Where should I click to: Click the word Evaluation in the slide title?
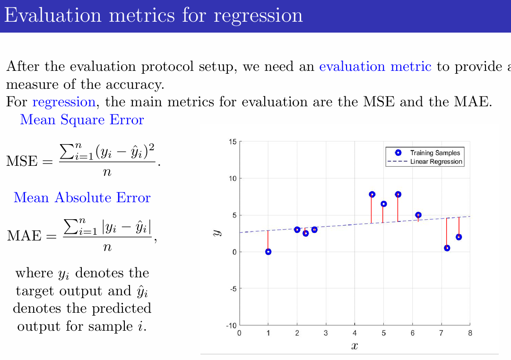52,16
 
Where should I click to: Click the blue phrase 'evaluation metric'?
375,67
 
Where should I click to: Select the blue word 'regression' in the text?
63,102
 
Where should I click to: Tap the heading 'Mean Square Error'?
82,120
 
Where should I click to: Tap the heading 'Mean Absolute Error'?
82,197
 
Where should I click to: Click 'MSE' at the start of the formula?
22,162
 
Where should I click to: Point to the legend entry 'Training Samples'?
434,153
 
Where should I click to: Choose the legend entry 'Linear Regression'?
436,162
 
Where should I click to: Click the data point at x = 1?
268,252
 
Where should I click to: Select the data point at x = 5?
383,204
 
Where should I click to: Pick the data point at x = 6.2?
418,215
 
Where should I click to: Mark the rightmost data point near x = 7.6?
459,237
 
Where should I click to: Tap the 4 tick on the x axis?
355,334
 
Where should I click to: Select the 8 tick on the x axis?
469,334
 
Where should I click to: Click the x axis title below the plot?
355,347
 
